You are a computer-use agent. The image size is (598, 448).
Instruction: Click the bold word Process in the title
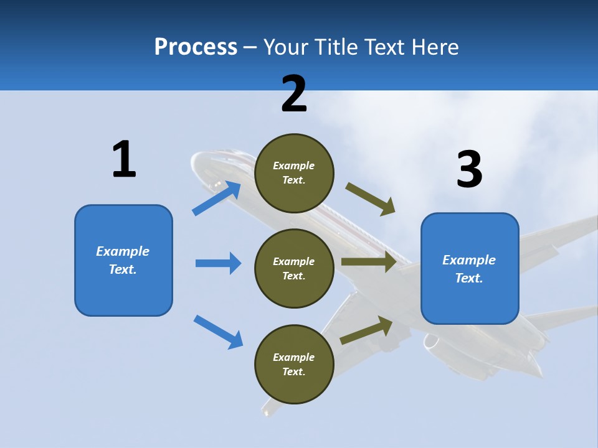[196, 47]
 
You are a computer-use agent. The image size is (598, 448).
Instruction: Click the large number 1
[124, 160]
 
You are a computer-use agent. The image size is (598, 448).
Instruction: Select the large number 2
[294, 94]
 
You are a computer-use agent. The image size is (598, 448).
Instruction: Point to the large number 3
[469, 169]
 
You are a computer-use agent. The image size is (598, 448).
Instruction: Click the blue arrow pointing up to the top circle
[216, 198]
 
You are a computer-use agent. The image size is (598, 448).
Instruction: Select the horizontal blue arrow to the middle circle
[218, 263]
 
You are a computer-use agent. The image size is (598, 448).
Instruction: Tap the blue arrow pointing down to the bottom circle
[218, 332]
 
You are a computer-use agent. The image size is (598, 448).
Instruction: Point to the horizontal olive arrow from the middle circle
[369, 262]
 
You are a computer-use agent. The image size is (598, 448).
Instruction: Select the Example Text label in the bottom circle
[294, 365]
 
